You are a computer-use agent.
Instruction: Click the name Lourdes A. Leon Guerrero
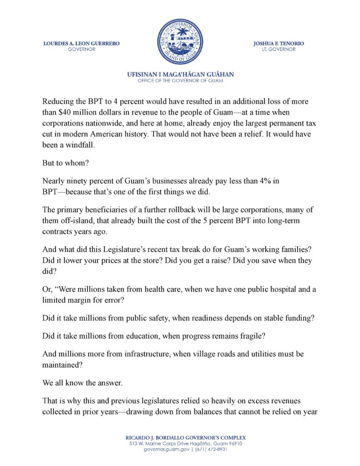(81, 43)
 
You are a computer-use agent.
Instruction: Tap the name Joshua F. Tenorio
(279, 43)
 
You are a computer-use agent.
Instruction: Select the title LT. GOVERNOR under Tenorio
(279, 49)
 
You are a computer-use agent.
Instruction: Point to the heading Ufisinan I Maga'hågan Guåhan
(180, 74)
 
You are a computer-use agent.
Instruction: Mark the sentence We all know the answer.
(82, 383)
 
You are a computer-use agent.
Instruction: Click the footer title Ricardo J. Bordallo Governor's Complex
(180, 437)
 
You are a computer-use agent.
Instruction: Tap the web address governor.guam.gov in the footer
(162, 449)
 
